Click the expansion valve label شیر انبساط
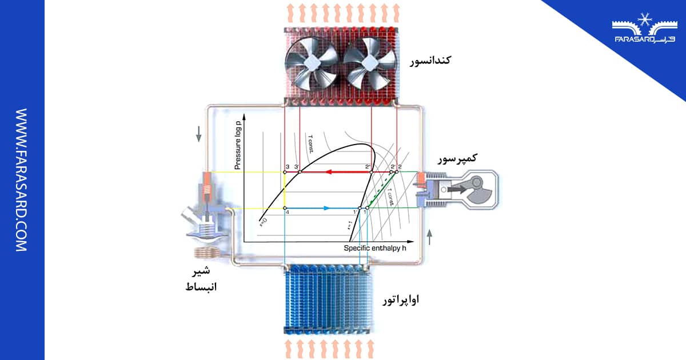click(198, 278)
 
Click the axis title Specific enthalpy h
click(374, 248)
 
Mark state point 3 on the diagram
click(285, 171)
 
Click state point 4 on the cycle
click(285, 208)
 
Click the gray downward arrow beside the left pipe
click(199, 133)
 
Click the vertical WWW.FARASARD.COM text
click(21, 180)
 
